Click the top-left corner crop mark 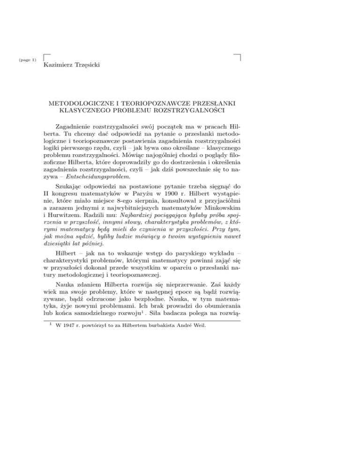point(45,58)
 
